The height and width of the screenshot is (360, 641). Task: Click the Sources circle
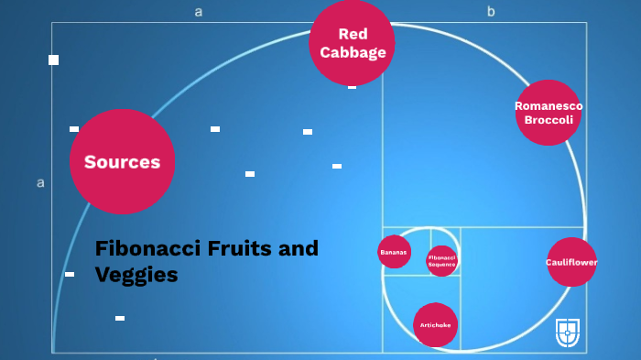pos(122,162)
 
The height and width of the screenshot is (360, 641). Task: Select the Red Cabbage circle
pos(352,43)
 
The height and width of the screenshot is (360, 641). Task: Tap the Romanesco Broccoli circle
pos(549,113)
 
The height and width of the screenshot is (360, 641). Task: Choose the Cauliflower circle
pos(571,262)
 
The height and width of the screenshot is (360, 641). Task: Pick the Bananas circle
pos(394,251)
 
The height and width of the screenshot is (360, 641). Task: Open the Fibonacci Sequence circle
pos(441,261)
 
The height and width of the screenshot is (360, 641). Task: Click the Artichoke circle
pos(435,325)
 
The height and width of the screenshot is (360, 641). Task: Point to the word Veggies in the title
pos(136,275)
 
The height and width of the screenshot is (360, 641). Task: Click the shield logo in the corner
pos(568,333)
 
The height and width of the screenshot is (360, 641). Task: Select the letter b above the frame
pos(491,12)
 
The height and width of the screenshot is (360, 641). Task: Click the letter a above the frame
pos(198,12)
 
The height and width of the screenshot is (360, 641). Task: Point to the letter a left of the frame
pos(40,182)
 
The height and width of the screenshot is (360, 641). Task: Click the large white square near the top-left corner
pos(53,60)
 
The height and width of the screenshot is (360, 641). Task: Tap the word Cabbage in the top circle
pos(353,52)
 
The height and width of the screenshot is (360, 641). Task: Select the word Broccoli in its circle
pos(549,120)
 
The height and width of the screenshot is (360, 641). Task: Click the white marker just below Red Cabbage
pos(352,87)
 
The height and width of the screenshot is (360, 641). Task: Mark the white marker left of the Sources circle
pos(74,129)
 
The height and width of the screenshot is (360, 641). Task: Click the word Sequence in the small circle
pos(441,265)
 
